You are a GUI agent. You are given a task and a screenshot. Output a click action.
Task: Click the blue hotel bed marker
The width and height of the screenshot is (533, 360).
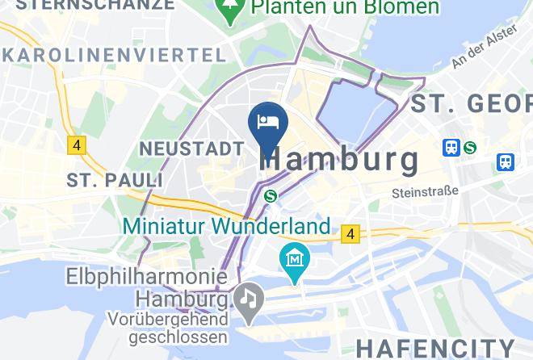click(x=267, y=123)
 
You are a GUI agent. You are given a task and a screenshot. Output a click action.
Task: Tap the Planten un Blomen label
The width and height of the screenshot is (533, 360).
click(x=345, y=8)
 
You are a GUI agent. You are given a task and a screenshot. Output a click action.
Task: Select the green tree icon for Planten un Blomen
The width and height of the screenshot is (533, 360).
click(x=232, y=10)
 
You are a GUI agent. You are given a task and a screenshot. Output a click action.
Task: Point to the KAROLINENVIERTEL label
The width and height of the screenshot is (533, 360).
click(x=113, y=55)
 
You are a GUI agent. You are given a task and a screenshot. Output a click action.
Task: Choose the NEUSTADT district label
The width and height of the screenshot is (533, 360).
click(x=191, y=149)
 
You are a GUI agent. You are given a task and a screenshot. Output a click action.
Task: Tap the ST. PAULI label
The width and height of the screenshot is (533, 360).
click(x=115, y=179)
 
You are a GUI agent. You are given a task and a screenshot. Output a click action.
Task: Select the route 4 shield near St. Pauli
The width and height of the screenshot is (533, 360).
click(x=77, y=145)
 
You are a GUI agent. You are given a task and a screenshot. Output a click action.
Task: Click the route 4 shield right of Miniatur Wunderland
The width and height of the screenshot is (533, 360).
click(x=349, y=234)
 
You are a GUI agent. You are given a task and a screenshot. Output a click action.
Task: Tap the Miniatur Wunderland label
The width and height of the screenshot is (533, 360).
click(x=227, y=226)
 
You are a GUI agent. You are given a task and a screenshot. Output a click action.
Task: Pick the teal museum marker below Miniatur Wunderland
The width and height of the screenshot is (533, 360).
click(x=295, y=260)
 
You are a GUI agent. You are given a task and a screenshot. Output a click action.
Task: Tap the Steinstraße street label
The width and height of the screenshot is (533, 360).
click(x=425, y=192)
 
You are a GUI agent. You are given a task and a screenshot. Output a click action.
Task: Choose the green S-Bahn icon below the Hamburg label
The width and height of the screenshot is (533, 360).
click(x=271, y=196)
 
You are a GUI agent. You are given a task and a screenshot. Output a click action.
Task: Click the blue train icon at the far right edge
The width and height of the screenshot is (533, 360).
click(x=507, y=161)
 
